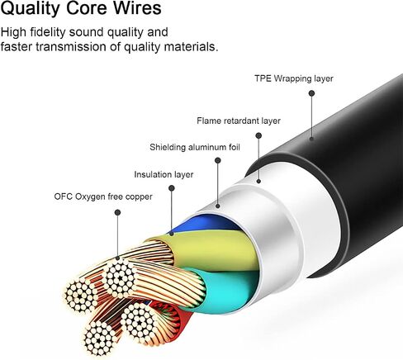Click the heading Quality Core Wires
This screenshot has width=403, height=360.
click(81, 8)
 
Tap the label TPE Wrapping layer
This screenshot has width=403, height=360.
click(294, 78)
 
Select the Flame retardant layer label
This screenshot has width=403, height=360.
click(239, 121)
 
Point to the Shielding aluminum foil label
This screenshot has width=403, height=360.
click(195, 147)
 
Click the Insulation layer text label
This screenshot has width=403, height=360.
click(164, 174)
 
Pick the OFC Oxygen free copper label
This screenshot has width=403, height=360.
click(103, 197)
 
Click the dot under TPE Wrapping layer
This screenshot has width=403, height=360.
click(311, 93)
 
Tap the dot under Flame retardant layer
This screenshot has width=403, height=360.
click(258, 135)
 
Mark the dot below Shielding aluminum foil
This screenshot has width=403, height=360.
click(218, 160)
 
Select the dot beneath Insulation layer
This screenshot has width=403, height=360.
click(172, 188)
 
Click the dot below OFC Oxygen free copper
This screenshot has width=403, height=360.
click(117, 212)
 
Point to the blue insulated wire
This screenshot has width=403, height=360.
click(205, 222)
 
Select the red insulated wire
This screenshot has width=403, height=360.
click(176, 320)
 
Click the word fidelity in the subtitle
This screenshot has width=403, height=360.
click(48, 32)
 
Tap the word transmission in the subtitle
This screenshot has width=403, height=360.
click(71, 46)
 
